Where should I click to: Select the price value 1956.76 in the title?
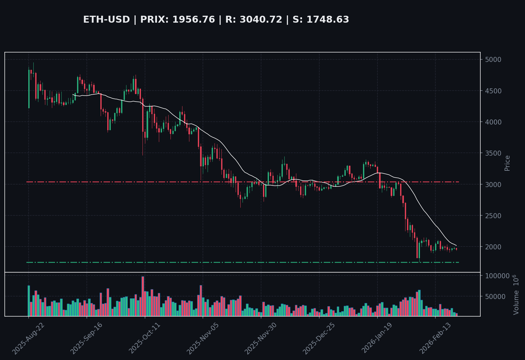pyautogui.click(x=193, y=20)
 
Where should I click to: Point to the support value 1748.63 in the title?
pyautogui.click(x=327, y=20)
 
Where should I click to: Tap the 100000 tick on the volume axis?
pyautogui.click(x=497, y=276)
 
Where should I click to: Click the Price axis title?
pyautogui.click(x=507, y=163)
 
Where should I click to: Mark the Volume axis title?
pyautogui.click(x=516, y=295)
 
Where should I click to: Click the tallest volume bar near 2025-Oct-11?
pyautogui.click(x=143, y=296)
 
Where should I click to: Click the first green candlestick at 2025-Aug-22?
pyautogui.click(x=29, y=89)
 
